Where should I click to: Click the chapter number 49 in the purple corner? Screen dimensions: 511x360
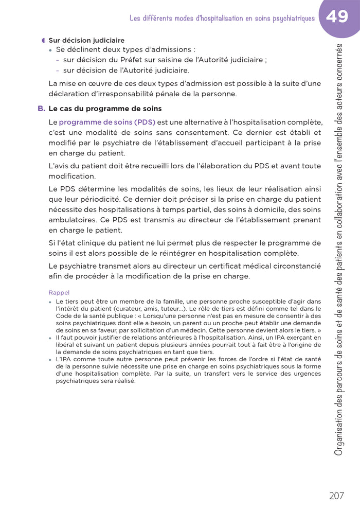pyautogui.click(x=336, y=17)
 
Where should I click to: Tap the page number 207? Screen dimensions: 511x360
pyautogui.click(x=336, y=496)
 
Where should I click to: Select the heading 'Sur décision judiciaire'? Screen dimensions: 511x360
pyautogui.click(x=86, y=40)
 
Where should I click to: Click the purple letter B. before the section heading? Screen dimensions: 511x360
pyautogui.click(x=41, y=109)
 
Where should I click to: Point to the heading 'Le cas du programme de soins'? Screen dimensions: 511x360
pyautogui.click(x=105, y=109)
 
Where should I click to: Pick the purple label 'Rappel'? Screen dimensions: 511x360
pyautogui.click(x=59, y=292)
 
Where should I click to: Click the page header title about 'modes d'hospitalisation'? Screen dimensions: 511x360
pyautogui.click(x=222, y=19)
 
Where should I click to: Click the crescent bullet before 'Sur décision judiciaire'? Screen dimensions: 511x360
pyautogui.click(x=43, y=40)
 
